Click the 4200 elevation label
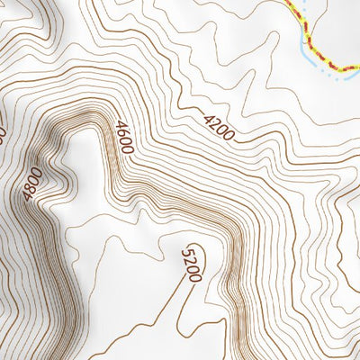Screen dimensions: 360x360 pyautogui.click(x=218, y=128)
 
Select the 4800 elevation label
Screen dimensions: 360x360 pyautogui.click(x=34, y=184)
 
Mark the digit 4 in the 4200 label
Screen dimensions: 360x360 pyautogui.click(x=207, y=118)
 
